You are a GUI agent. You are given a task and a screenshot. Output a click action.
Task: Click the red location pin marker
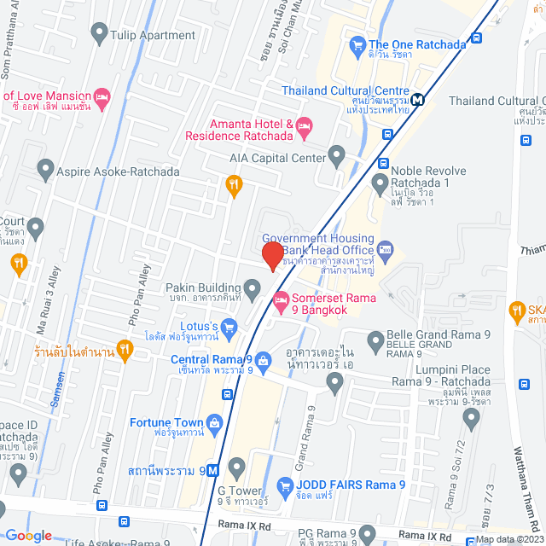tap(272, 255)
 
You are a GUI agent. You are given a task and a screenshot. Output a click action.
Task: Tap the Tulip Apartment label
tap(154, 35)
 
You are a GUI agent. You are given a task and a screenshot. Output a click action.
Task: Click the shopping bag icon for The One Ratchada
tap(357, 44)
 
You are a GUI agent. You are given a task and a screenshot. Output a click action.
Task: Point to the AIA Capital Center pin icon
tap(337, 157)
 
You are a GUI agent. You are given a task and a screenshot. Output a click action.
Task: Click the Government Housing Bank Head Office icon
tap(385, 249)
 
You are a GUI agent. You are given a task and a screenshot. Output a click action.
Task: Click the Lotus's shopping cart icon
tap(229, 326)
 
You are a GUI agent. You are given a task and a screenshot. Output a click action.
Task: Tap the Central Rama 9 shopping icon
tap(264, 361)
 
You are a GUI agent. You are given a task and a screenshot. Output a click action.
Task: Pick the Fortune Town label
tap(166, 422)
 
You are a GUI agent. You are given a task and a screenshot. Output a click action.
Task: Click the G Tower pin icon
tap(236, 466)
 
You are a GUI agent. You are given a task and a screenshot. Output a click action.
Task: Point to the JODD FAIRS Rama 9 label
tap(350, 485)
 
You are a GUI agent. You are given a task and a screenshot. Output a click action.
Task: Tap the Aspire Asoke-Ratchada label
tap(118, 171)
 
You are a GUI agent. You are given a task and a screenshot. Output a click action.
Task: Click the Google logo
tap(28, 535)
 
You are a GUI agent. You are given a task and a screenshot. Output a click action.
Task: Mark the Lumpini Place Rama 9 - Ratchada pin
tap(471, 415)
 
